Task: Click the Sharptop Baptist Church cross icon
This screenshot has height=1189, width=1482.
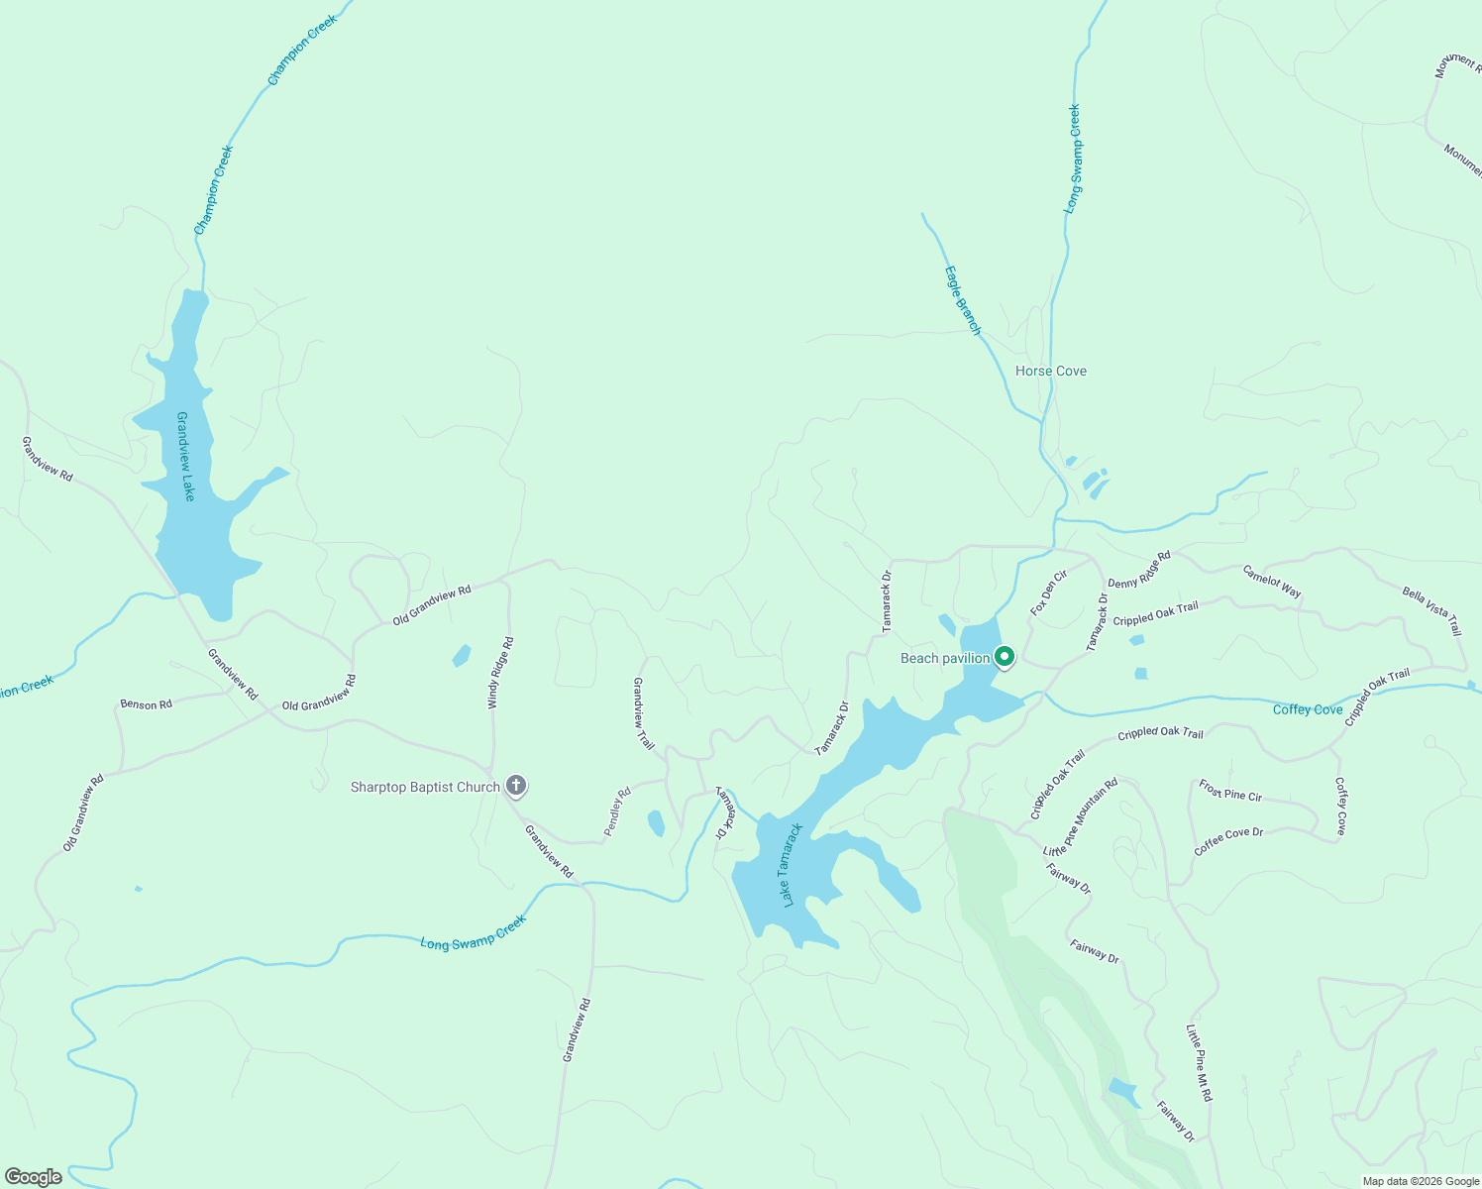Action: click(515, 787)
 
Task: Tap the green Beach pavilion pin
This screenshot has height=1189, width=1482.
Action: click(1004, 657)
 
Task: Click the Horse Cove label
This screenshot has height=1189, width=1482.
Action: click(1050, 371)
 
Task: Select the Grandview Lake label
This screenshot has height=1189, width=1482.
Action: click(184, 456)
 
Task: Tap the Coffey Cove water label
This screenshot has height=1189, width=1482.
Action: click(1308, 709)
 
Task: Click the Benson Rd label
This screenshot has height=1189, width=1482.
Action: click(146, 704)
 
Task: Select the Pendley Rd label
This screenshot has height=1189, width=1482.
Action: click(617, 811)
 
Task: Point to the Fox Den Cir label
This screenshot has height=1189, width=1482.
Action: click(1049, 593)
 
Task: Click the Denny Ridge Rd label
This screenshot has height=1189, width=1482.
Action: click(1139, 570)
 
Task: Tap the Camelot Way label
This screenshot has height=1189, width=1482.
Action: click(1272, 581)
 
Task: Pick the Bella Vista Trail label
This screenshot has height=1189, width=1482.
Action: click(1431, 610)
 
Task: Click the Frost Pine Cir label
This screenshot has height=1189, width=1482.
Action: click(1230, 790)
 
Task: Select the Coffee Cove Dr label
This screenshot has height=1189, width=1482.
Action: click(1228, 841)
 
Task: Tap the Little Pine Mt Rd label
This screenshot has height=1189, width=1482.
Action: click(1199, 1064)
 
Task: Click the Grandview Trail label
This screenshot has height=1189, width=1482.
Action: click(643, 713)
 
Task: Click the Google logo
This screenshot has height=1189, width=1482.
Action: click(33, 1177)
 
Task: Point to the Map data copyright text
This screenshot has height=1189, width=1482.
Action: click(1421, 1181)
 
